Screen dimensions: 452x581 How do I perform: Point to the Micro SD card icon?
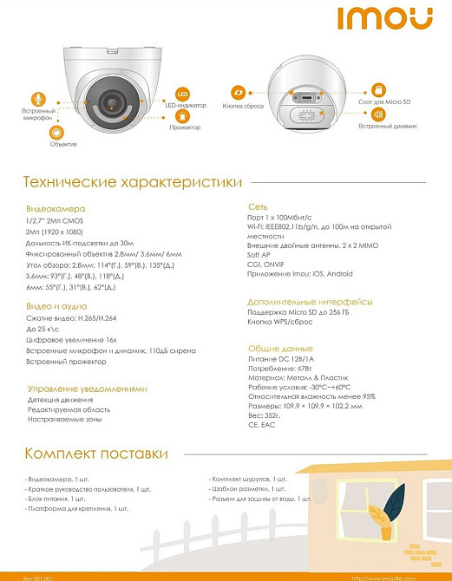click(x=377, y=90)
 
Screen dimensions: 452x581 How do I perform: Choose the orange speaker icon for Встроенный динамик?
click(x=377, y=114)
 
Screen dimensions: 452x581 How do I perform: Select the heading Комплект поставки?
click(x=95, y=454)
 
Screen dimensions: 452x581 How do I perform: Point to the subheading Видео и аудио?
click(x=58, y=307)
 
